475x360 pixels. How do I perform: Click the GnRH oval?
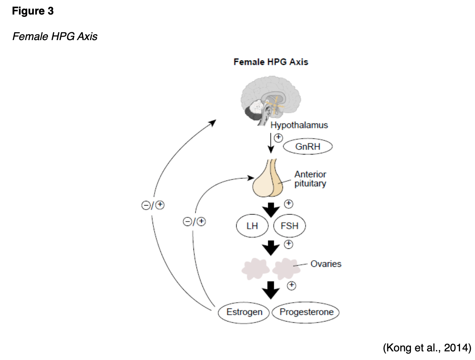pos(308,147)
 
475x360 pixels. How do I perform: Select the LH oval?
pos(252,226)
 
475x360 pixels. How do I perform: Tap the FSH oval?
pos(289,226)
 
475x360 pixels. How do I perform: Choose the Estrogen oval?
pos(244,312)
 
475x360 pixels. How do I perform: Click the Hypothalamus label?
pos(299,125)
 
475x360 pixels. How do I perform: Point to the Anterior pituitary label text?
pos(310,179)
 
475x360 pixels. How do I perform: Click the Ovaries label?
pos(326,264)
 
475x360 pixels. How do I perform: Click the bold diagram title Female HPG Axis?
pos(271,62)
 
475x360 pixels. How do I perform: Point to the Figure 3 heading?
pos(33,11)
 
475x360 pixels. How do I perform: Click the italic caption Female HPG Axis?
pos(55,37)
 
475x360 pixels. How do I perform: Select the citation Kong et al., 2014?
pos(426,347)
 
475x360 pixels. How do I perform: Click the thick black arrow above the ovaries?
pos(271,248)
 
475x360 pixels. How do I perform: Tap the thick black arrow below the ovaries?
pos(271,290)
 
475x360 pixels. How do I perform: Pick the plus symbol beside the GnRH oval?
pos(278,138)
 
